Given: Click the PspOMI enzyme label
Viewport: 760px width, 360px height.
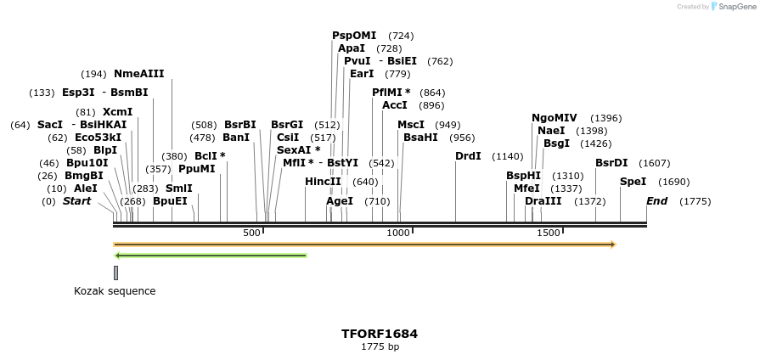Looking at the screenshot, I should click(354, 36).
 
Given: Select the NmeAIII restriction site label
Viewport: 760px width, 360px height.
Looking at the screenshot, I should click(139, 74).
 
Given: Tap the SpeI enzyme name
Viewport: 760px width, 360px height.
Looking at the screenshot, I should click(633, 182).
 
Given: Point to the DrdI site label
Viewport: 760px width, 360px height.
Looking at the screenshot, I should click(468, 156).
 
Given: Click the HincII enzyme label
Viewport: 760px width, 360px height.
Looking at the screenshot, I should click(323, 182).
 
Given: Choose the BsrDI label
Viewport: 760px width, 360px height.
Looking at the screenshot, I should click(611, 163).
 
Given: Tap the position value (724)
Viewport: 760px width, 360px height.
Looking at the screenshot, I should click(401, 36).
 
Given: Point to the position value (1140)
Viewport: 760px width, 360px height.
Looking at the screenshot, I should click(508, 156).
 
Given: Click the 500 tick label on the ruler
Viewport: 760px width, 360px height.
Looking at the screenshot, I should click(252, 233).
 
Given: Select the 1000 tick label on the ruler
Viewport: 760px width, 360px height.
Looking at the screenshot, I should click(398, 233).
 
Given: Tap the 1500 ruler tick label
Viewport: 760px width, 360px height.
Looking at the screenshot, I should click(549, 233).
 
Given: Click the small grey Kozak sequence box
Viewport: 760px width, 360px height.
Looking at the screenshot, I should click(115, 273).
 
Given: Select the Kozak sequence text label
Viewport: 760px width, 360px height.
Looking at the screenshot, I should click(115, 291).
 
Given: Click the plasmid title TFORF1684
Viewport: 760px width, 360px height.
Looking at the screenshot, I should click(380, 334).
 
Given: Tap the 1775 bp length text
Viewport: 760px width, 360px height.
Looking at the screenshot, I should click(380, 346).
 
